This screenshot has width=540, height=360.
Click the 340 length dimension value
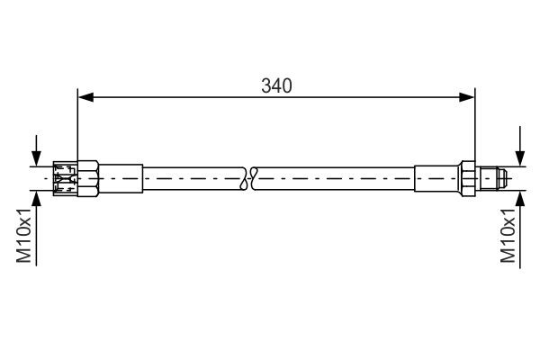coord(276,86)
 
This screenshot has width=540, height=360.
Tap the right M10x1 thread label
coord(508,236)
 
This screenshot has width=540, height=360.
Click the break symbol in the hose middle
coord(250,177)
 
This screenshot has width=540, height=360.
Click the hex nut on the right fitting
coord(468,177)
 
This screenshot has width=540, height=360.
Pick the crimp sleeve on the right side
coord(437,177)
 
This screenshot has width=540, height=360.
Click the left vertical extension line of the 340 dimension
coord(78,126)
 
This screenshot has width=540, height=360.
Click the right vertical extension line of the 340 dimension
coord(475,126)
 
